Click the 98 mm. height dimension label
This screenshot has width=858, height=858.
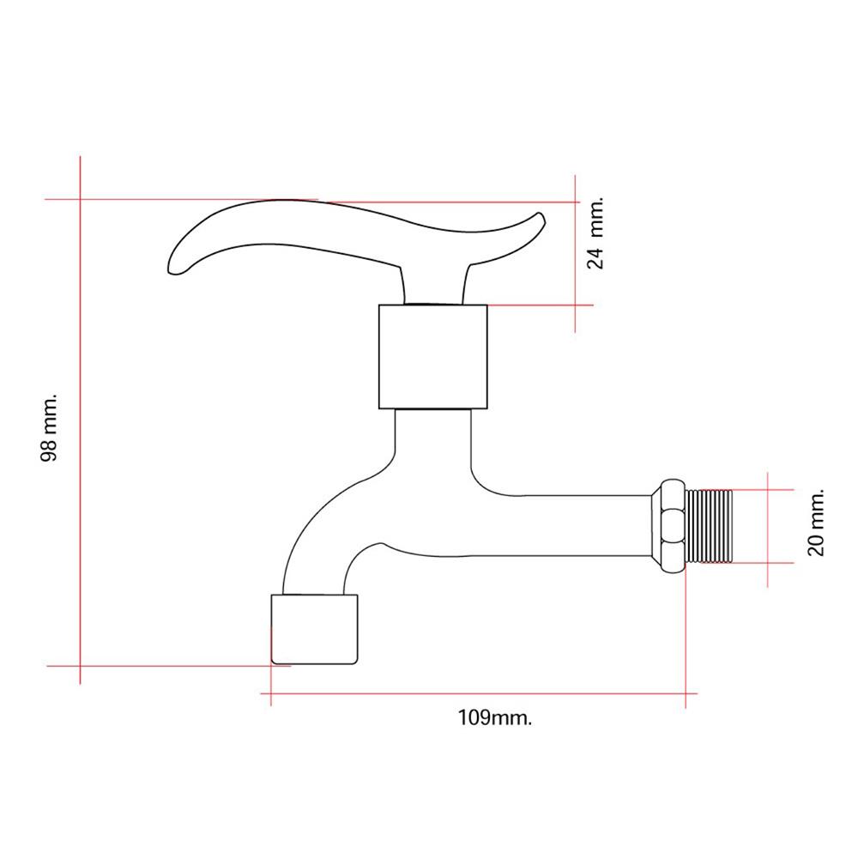click(49, 426)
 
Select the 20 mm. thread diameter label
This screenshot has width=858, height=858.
click(815, 523)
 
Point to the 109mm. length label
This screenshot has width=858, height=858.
click(495, 717)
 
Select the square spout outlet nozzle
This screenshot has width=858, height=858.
click(315, 629)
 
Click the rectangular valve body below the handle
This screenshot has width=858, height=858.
click(432, 357)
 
